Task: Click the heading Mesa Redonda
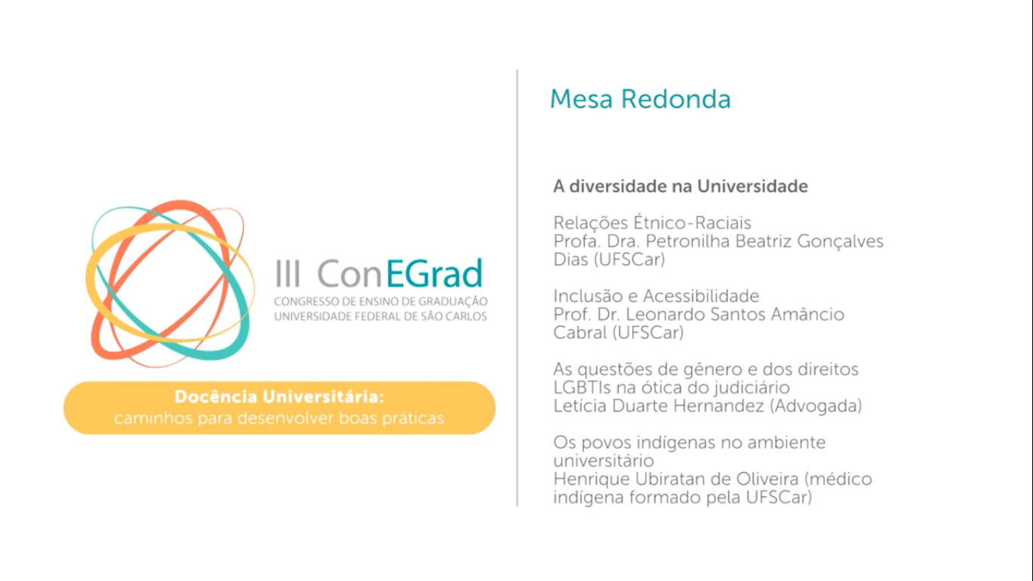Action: point(640,99)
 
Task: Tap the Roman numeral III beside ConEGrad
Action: point(288,273)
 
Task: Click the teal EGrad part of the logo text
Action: point(434,273)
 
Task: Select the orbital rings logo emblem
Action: point(170,283)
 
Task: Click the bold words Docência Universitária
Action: point(279,396)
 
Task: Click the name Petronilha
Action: point(688,241)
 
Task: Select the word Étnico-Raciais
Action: point(692,222)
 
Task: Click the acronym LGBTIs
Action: point(583,387)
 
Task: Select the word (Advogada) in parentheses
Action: point(816,406)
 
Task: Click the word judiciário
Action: point(752,387)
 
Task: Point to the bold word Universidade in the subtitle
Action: point(752,186)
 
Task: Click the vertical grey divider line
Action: point(517,287)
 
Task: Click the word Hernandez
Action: point(718,405)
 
